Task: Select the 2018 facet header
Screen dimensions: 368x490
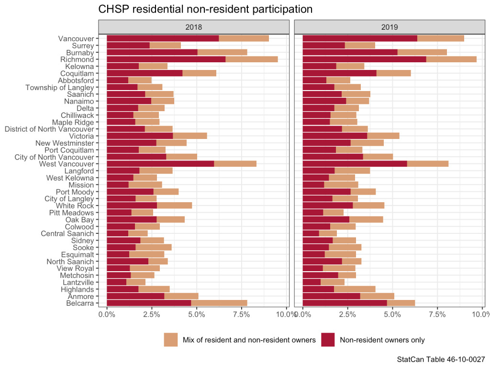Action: (x=193, y=27)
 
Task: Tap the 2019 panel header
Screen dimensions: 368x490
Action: (x=389, y=27)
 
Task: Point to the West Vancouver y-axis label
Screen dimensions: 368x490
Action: (x=68, y=164)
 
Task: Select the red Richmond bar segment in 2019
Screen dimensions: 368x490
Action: (x=364, y=59)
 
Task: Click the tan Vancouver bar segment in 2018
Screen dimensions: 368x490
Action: (x=244, y=38)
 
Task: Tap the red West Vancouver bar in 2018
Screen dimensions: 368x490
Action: (x=160, y=164)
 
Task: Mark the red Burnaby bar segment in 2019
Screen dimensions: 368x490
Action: (x=350, y=52)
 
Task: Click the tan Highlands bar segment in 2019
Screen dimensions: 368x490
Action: (x=355, y=289)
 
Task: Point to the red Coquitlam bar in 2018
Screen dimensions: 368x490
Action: (x=145, y=73)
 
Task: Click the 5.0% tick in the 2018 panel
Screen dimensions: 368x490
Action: (x=197, y=314)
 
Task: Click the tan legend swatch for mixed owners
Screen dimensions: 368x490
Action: (x=171, y=340)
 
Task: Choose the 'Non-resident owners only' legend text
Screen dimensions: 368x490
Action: (x=382, y=340)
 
